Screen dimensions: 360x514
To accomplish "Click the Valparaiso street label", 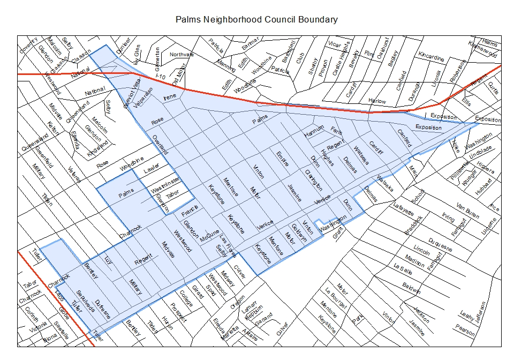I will coord(144,98).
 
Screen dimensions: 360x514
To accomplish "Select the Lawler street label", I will coord(152,171).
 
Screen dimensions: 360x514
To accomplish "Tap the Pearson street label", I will coord(466,332).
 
